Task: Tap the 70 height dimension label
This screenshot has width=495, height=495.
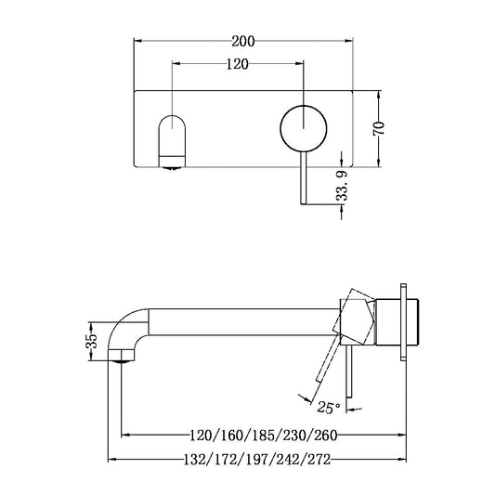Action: point(378,128)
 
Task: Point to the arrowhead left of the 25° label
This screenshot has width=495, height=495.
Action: point(304,399)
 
